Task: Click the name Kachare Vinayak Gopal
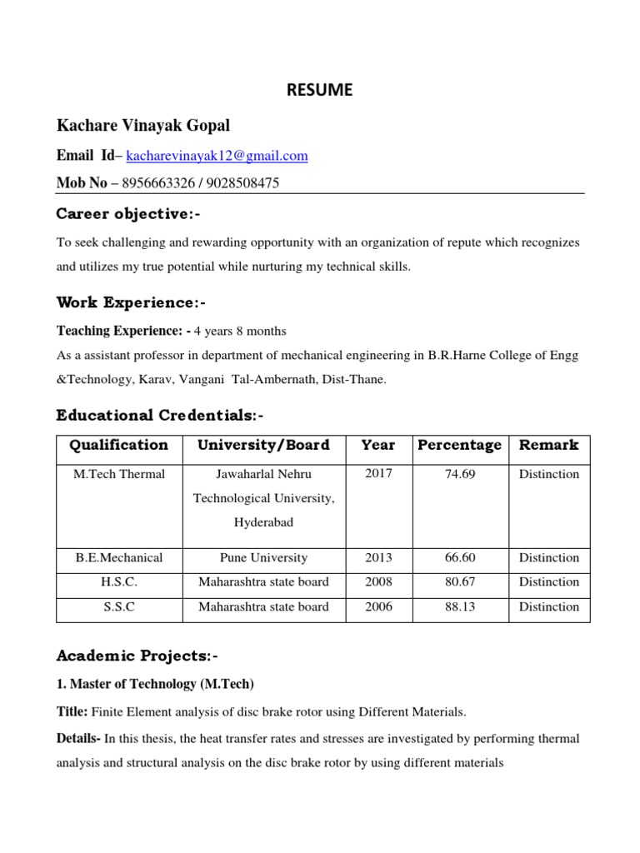(142, 126)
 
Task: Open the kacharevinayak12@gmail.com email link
(217, 156)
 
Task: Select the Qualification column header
(118, 446)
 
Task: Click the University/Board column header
(263, 446)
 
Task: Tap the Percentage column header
(459, 446)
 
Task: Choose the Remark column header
(548, 446)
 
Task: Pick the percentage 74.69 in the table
(459, 474)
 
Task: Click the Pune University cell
(263, 558)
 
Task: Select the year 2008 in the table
(378, 582)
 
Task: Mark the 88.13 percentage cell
(459, 607)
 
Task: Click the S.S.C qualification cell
(118, 607)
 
